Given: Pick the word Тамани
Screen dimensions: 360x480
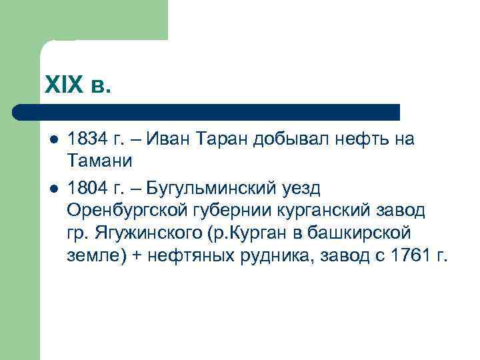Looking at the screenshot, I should [100, 160].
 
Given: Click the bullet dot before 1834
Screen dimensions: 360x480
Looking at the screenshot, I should [53, 140].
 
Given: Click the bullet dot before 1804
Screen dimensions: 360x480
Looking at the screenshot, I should [53, 188].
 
